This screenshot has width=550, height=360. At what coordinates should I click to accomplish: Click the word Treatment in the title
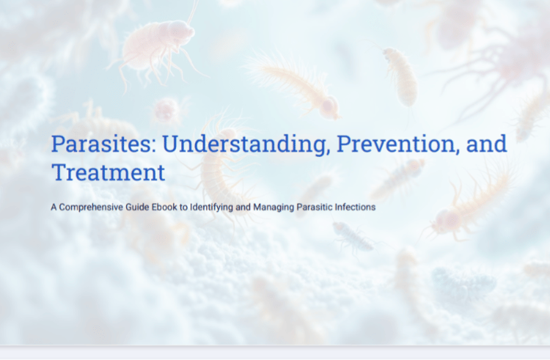pyautogui.click(x=109, y=172)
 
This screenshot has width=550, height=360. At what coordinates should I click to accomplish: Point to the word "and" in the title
pyautogui.click(x=486, y=144)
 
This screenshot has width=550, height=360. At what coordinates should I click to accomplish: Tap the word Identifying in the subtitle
pyautogui.click(x=211, y=207)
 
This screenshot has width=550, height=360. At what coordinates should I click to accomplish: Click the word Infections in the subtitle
pyautogui.click(x=355, y=207)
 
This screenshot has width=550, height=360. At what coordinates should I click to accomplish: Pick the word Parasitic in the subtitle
pyautogui.click(x=315, y=207)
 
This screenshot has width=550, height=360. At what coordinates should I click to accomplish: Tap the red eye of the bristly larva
pyautogui.click(x=329, y=104)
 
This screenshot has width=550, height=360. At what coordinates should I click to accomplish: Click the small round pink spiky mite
pyautogui.click(x=167, y=110)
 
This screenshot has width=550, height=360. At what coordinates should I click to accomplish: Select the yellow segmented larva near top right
pyautogui.click(x=402, y=77)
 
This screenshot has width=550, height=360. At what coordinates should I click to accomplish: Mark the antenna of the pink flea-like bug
pyautogui.click(x=192, y=12)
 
